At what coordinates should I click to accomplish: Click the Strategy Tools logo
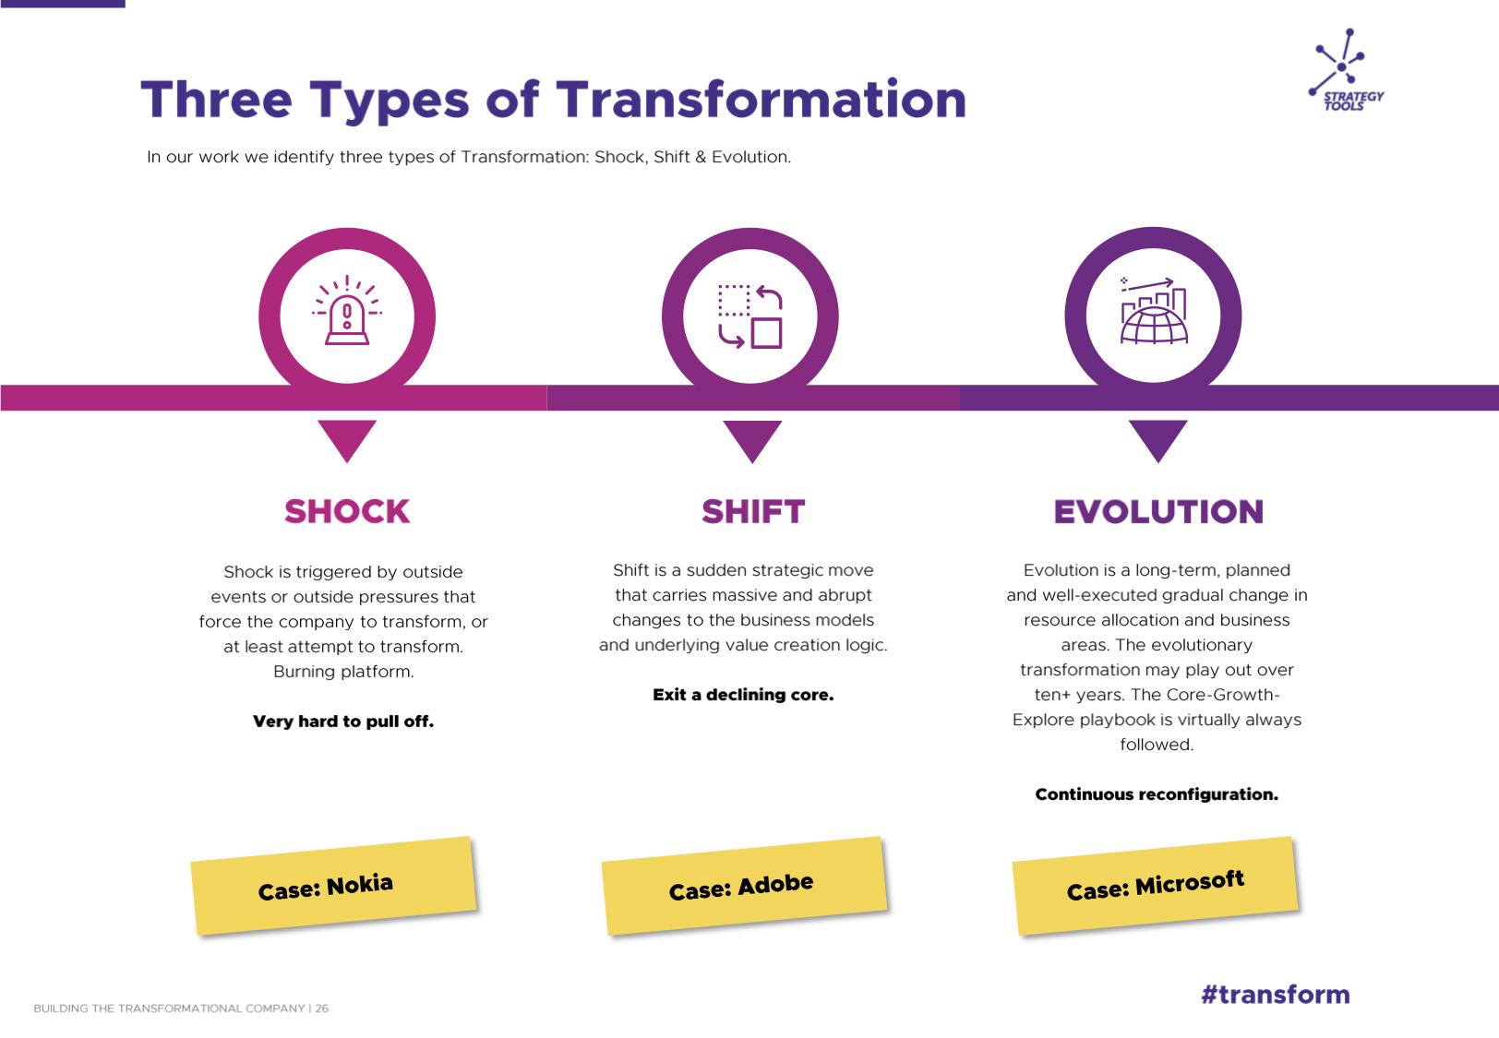(x=1346, y=70)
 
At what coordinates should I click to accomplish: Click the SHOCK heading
(x=347, y=512)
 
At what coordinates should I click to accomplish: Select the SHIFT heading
(x=753, y=512)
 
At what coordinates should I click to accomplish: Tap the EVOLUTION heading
(x=1158, y=512)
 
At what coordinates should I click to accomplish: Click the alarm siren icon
(x=347, y=310)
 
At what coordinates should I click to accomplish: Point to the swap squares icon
(x=750, y=316)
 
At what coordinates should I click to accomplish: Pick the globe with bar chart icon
(x=1154, y=310)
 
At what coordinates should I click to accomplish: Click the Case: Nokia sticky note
(x=333, y=886)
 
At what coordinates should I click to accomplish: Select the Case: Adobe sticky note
(x=744, y=886)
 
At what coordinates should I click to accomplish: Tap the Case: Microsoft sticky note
(x=1155, y=886)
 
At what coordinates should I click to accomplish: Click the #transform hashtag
(x=1276, y=995)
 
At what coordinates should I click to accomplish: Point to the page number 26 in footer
(x=322, y=1008)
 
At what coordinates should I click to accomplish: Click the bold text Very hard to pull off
(x=343, y=721)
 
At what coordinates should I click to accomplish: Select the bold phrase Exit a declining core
(x=743, y=695)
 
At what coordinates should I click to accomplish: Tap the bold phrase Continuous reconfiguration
(x=1157, y=793)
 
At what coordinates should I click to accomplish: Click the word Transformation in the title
(x=761, y=101)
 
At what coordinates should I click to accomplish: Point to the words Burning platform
(x=343, y=672)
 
